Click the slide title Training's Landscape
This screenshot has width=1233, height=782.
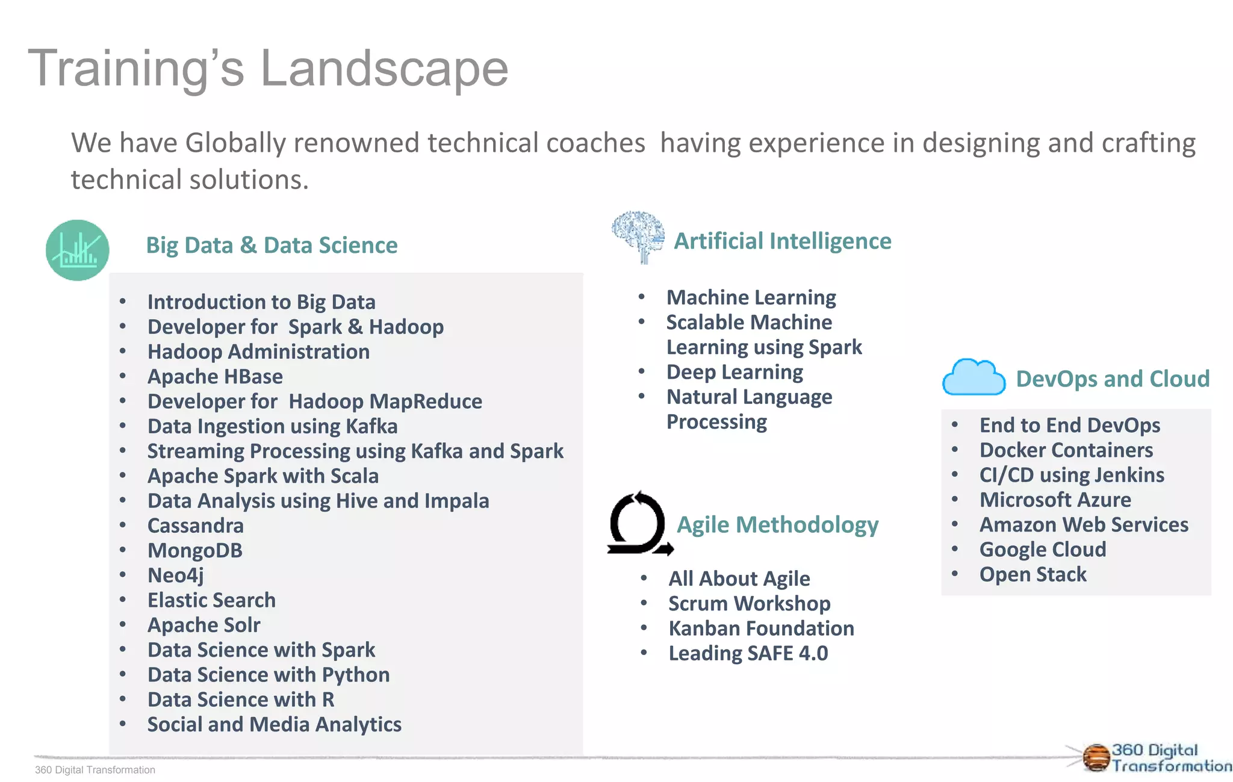coord(268,69)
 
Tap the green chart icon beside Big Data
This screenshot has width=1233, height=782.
coord(78,250)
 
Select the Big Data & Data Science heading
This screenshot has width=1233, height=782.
coord(272,246)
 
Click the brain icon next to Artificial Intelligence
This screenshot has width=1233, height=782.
coord(638,236)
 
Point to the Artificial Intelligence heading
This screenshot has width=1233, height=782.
coord(782,241)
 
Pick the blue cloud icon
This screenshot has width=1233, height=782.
coord(974,377)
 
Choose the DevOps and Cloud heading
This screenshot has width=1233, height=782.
coord(1113,379)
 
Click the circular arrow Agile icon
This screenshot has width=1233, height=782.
coord(639,523)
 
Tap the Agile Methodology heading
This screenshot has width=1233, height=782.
coord(777,525)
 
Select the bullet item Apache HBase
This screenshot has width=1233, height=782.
coord(215,377)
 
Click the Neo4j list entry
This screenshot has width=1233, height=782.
coord(176,576)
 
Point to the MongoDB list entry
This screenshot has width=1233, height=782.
coord(195,551)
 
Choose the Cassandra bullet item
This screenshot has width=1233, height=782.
coord(196,526)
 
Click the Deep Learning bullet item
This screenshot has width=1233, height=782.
coord(735,373)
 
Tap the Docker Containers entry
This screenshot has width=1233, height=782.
coord(1066,450)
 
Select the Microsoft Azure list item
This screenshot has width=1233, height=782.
coord(1055,500)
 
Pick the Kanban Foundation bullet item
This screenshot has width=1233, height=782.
coord(761,628)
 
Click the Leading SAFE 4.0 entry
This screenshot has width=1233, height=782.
coord(748,654)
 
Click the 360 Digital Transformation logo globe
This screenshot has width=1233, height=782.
coord(1096,757)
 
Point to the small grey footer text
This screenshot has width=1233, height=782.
coord(95,770)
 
